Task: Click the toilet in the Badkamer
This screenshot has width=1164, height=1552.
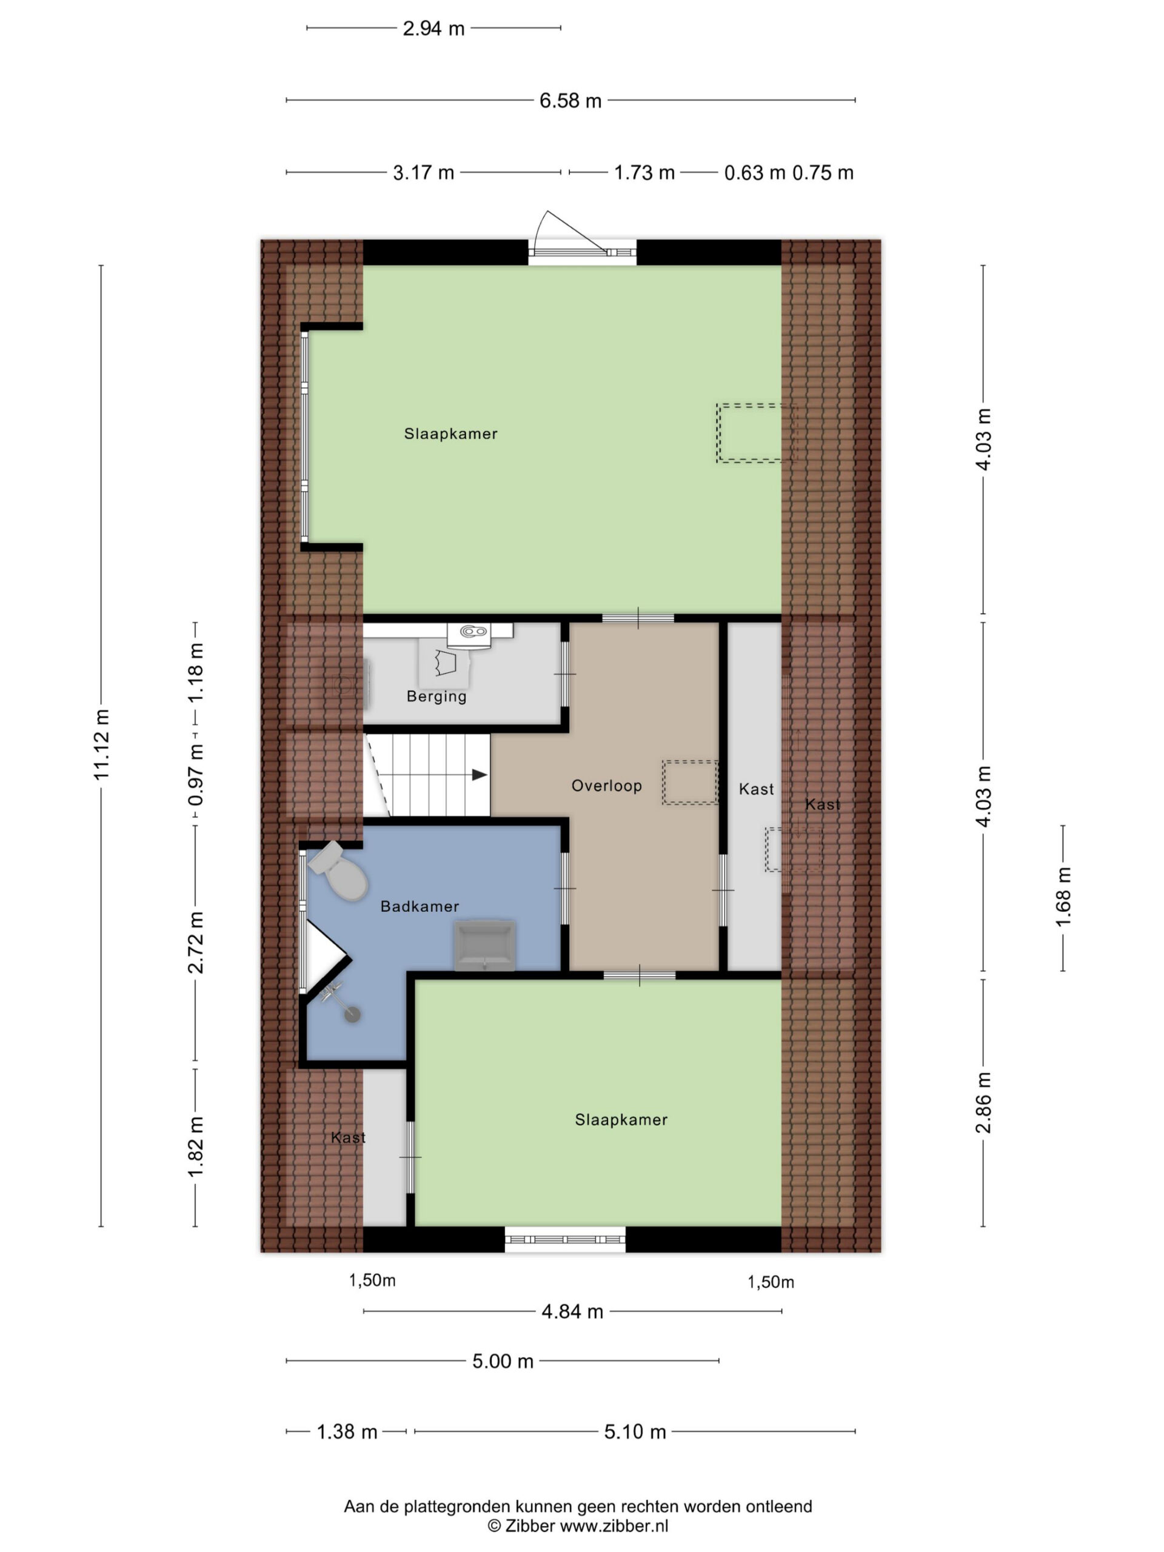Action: click(339, 871)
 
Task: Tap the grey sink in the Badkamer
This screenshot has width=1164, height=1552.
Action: click(484, 946)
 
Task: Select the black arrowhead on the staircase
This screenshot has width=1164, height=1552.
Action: click(479, 775)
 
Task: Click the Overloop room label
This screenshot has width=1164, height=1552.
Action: click(606, 786)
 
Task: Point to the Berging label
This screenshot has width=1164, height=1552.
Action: click(436, 696)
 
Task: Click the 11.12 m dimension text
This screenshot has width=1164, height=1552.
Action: click(102, 744)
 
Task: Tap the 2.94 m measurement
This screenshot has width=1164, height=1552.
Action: click(433, 28)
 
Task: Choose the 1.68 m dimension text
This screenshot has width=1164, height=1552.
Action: click(1064, 897)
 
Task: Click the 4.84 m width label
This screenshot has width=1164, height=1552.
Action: click(572, 1311)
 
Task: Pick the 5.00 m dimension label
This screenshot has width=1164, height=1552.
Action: click(503, 1361)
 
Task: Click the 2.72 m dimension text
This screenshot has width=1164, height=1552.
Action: click(196, 943)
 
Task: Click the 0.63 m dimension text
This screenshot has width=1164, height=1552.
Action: click(754, 173)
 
